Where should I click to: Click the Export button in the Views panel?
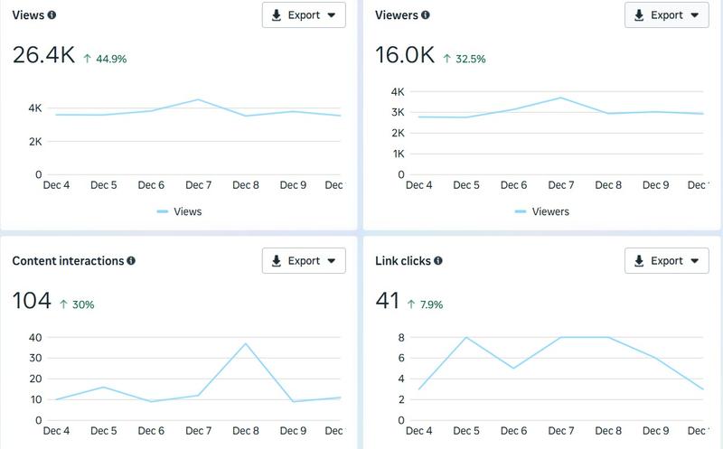(x=304, y=15)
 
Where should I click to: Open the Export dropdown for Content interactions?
(x=304, y=261)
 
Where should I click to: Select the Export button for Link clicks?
(x=667, y=261)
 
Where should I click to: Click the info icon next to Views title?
(x=52, y=15)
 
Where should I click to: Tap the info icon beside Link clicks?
(x=438, y=261)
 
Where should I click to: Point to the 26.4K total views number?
(x=43, y=55)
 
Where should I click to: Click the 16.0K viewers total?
(x=405, y=55)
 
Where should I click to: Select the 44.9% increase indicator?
(x=107, y=59)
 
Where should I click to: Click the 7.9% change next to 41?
(x=425, y=304)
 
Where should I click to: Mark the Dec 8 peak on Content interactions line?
(x=246, y=343)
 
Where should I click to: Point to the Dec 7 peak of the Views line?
(x=198, y=99)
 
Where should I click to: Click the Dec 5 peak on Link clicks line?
(x=466, y=337)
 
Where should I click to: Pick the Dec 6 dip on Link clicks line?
(x=513, y=369)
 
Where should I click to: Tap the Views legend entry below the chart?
(x=179, y=211)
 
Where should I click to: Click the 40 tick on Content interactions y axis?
(x=35, y=337)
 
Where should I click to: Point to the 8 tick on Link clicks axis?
(x=400, y=337)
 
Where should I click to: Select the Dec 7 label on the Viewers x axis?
(x=560, y=185)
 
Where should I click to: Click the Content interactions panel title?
(x=68, y=261)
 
